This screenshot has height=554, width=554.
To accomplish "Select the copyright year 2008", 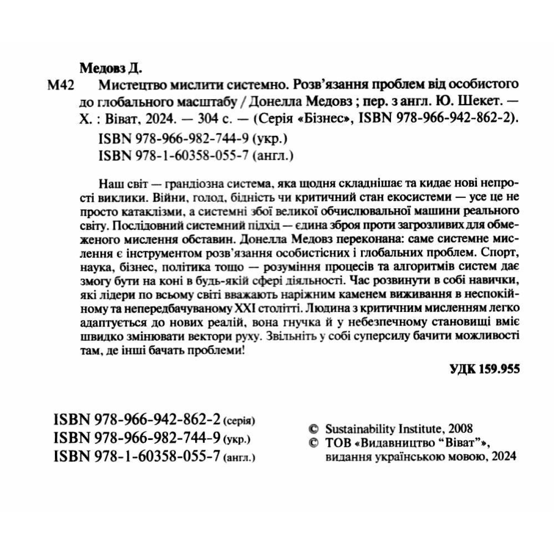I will tap(460, 428).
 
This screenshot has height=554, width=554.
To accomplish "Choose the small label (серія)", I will tap(239, 422).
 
